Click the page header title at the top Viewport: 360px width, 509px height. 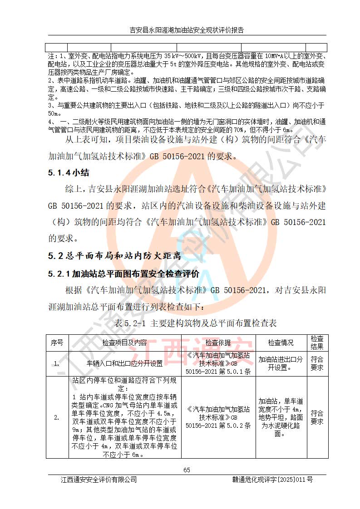[x=187, y=30]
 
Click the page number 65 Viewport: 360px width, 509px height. [x=187, y=470]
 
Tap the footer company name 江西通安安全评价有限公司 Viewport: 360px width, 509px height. [x=99, y=480]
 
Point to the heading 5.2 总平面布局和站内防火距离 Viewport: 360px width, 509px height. [x=114, y=256]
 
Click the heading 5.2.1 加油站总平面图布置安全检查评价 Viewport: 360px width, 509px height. [x=124, y=274]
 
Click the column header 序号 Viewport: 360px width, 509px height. [x=57, y=343]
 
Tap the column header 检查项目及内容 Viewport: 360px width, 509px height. [x=124, y=343]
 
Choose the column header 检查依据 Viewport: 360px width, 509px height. [x=218, y=343]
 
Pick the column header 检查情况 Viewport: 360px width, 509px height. [x=281, y=343]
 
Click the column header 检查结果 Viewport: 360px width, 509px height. [x=316, y=343]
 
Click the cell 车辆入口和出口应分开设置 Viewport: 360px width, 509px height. [x=124, y=363]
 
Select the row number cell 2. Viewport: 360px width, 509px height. [x=57, y=417]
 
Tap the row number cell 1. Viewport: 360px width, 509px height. [x=57, y=363]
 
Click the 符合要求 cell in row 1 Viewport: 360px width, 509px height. [x=316, y=363]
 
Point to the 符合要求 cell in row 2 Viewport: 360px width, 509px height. [x=316, y=417]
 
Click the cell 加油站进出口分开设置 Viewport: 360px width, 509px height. [x=281, y=363]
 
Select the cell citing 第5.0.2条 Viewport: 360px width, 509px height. [x=218, y=417]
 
